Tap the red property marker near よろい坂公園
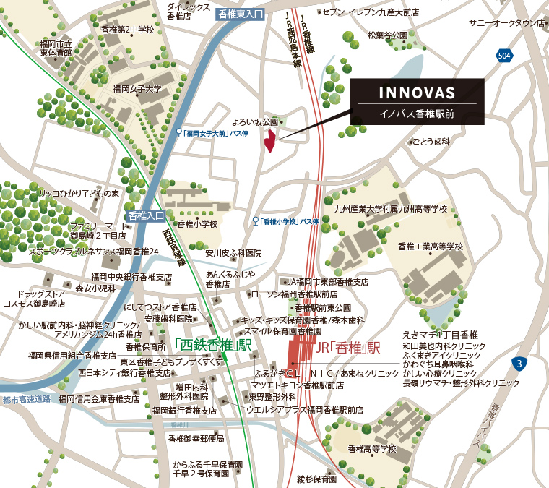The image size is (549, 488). [x=269, y=141]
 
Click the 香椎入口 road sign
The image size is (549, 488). [x=145, y=215]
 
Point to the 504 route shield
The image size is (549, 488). [x=504, y=55]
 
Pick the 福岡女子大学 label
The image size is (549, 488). [x=137, y=89]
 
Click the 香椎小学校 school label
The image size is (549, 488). [x=197, y=224]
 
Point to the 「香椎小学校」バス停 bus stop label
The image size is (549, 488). [x=290, y=221]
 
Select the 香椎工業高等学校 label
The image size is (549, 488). [x=430, y=247]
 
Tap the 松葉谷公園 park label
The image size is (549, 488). [x=386, y=35]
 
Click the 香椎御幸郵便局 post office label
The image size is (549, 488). [x=196, y=438]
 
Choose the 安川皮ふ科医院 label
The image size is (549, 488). [x=233, y=253]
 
